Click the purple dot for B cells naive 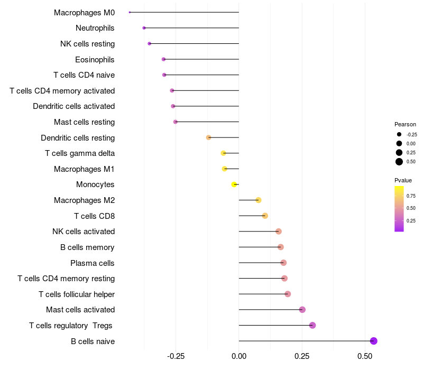click(373, 341)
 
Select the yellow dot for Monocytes click(234, 184)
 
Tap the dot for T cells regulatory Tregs click(312, 325)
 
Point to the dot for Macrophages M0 click(130, 12)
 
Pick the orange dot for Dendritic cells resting click(209, 137)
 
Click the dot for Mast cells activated click(302, 310)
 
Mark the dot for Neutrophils click(144, 27)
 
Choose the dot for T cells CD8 click(265, 216)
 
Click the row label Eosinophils click(95, 59)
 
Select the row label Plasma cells click(93, 263)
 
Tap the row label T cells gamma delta click(80, 153)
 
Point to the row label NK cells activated click(84, 232)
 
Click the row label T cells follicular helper click(77, 294)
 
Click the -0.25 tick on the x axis click(176, 356)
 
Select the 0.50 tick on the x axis click(365, 356)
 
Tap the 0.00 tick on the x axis click(239, 356)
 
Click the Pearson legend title click(405, 124)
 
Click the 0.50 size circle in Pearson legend click(399, 162)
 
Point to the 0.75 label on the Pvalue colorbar click(411, 195)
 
